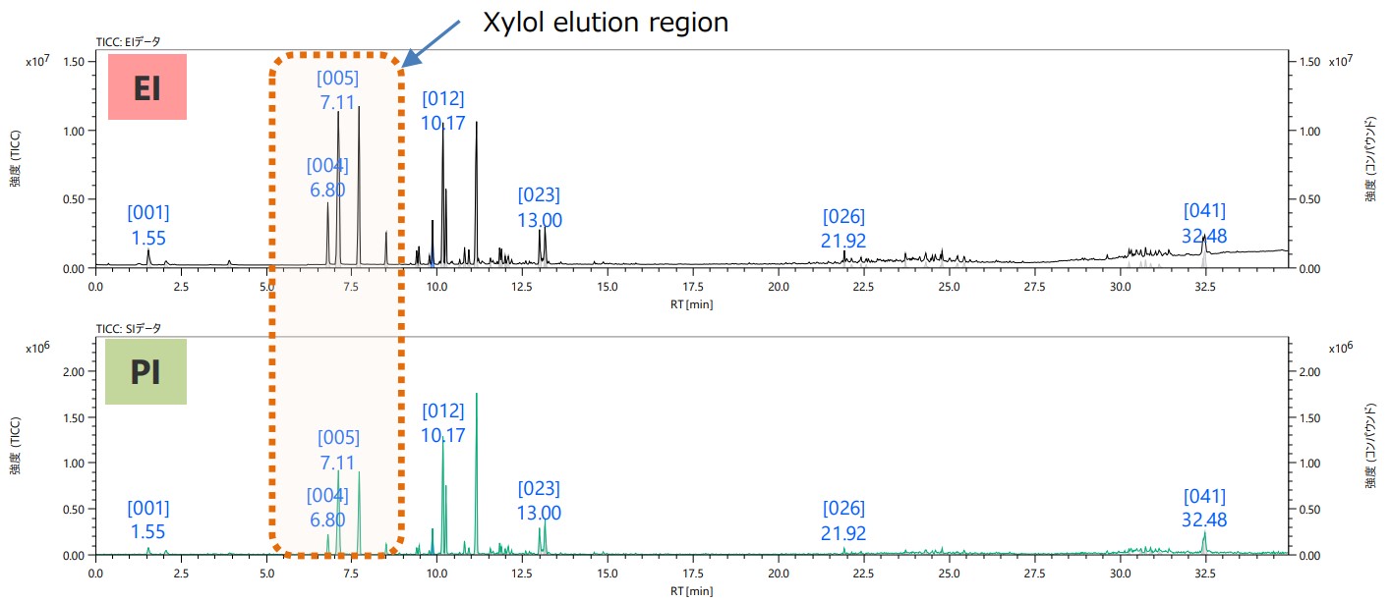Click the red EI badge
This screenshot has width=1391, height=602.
pos(147,87)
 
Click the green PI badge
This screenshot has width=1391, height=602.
pos(145,372)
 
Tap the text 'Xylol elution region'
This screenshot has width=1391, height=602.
pos(605,23)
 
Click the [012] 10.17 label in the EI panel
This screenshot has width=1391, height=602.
pos(442,111)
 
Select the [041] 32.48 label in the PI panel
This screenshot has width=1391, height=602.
pos(1204,508)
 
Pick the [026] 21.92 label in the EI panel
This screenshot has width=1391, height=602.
pos(843,229)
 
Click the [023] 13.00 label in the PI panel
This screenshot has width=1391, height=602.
pos(539,501)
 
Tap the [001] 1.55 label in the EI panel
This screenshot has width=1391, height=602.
pos(148,225)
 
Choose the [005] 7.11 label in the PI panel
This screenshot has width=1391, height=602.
pos(338,450)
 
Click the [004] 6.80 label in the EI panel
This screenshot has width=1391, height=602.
pos(327,177)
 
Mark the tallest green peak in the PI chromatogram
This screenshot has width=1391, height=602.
pos(477,395)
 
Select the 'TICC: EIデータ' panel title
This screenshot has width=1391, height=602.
pos(128,41)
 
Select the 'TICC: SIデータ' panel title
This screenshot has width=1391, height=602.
pos(128,328)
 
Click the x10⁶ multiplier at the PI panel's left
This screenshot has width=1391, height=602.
pos(35,348)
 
